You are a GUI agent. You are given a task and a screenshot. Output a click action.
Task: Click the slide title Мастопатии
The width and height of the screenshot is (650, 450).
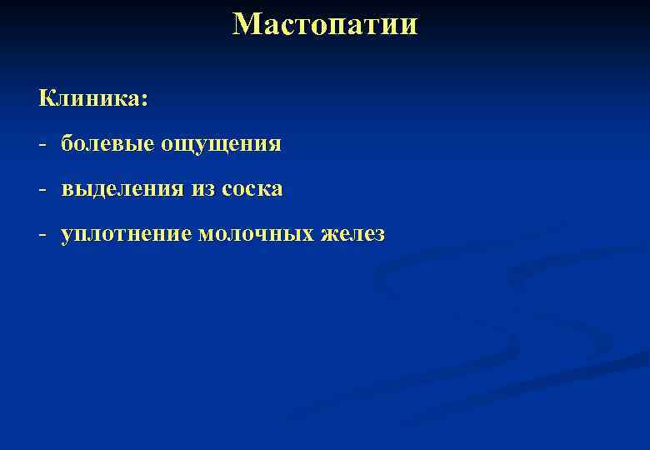click(325, 24)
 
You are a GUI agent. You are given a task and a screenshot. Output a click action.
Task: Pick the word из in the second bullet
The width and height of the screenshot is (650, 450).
click(202, 190)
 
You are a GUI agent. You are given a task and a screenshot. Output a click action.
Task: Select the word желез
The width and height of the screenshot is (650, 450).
click(352, 235)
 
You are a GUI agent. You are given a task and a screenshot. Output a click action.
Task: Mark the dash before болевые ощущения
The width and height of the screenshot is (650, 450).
click(41, 145)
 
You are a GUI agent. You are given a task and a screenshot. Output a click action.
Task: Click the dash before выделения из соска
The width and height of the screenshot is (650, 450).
click(41, 190)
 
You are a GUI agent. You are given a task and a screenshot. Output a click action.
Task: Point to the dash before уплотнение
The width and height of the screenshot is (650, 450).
click(41, 235)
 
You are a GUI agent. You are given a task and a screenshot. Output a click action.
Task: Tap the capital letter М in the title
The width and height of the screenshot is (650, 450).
click(247, 24)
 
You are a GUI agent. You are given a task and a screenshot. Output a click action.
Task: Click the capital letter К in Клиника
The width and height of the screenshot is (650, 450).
click(47, 99)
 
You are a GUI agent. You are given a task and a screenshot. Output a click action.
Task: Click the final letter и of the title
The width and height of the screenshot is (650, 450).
click(408, 26)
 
